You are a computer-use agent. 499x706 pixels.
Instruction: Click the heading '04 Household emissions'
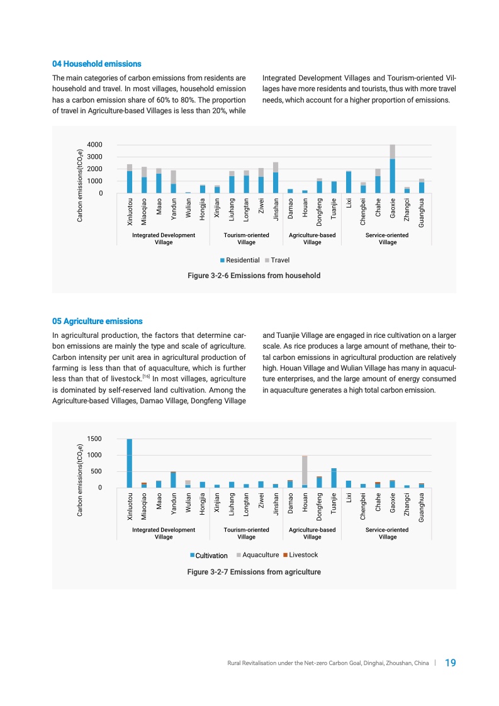click(x=96, y=64)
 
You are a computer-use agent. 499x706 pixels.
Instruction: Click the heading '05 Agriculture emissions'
click(x=97, y=321)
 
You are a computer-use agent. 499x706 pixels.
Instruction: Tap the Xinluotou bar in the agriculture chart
click(x=130, y=463)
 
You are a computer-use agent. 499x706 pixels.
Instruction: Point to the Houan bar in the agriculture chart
click(x=305, y=472)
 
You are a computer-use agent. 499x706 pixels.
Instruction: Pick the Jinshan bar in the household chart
click(x=276, y=178)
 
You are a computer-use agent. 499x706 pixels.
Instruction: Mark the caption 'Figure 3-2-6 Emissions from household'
click(x=254, y=276)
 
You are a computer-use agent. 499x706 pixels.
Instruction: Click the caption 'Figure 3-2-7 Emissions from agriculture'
click(x=254, y=572)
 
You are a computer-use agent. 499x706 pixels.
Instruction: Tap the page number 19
click(x=450, y=663)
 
